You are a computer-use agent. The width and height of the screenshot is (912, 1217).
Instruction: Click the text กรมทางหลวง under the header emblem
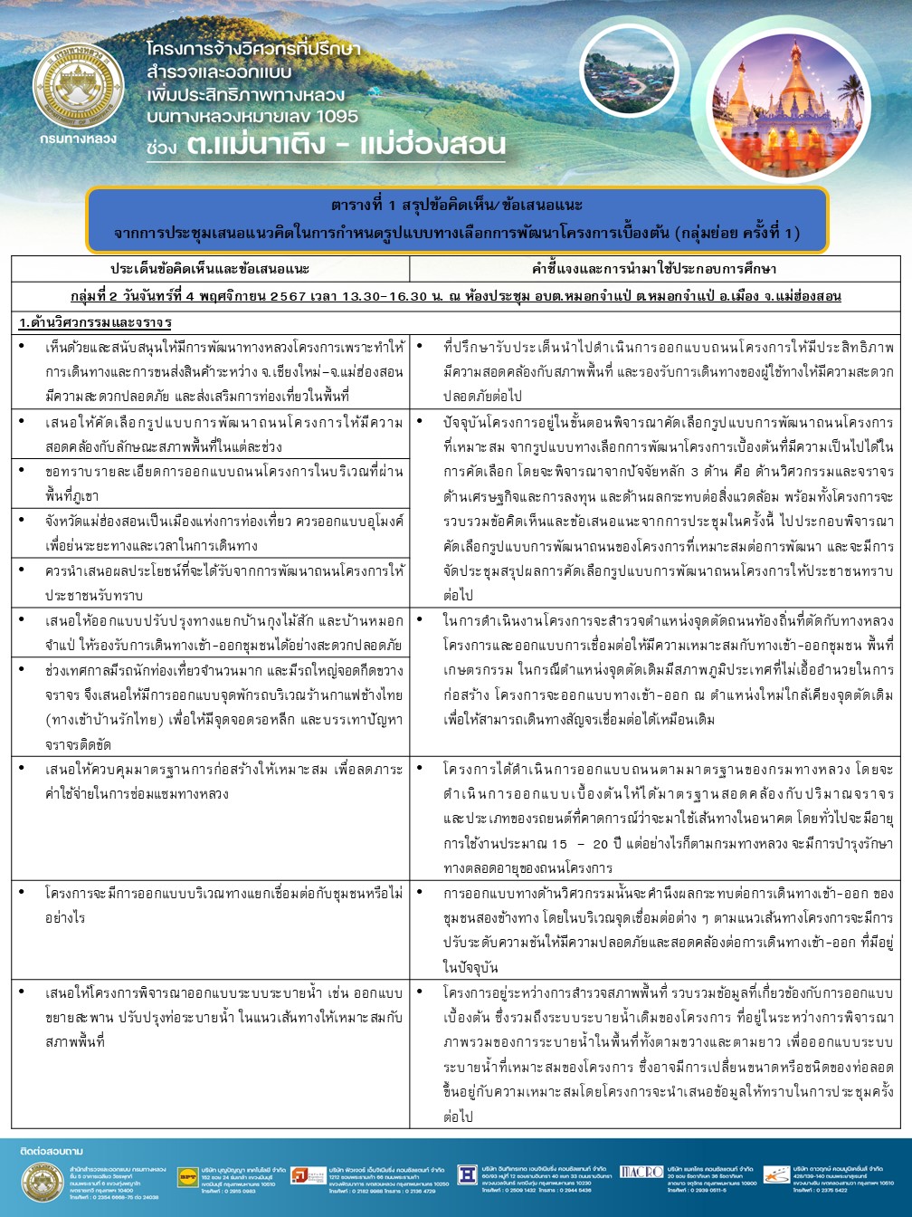coord(79,139)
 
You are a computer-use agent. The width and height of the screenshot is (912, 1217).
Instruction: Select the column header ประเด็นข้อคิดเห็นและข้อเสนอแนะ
coord(210,270)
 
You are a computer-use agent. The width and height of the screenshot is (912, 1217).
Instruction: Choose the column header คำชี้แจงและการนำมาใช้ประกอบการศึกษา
coord(654,270)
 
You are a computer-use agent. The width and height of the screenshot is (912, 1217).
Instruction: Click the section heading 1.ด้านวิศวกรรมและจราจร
coord(96,322)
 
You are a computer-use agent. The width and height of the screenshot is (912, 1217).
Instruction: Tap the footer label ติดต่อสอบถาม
coord(52,1151)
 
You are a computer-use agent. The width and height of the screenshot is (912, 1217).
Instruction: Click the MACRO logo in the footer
coord(641,1172)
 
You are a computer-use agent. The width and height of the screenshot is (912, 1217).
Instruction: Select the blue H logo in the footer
coord(468,1174)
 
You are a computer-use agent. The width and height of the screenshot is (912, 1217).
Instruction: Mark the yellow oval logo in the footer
coord(188,1175)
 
